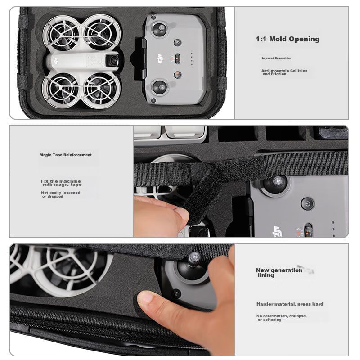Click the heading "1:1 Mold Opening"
click(x=288, y=39)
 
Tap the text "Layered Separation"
click(x=276, y=58)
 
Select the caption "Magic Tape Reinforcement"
click(x=65, y=155)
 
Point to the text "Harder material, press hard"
click(x=290, y=304)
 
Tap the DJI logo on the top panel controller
click(x=160, y=59)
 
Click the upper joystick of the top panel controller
click(x=160, y=28)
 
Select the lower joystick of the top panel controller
click(x=160, y=87)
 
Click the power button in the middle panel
click(x=308, y=204)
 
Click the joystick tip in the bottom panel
click(x=195, y=256)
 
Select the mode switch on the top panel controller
click(x=177, y=59)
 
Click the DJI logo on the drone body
click(x=55, y=61)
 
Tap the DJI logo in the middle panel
click(x=276, y=231)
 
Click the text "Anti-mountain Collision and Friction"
click(x=284, y=72)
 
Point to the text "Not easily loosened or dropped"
click(x=60, y=194)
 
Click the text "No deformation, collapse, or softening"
click(x=282, y=318)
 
